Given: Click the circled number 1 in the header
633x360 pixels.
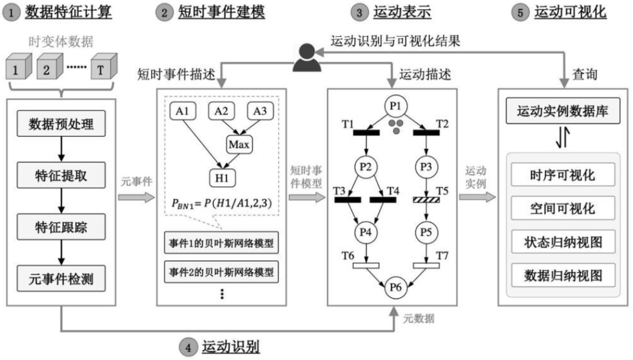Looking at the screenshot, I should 11,12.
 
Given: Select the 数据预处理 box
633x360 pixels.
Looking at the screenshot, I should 61,124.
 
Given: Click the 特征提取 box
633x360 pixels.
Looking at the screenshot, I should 61,176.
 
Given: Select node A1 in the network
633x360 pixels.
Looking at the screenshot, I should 184,111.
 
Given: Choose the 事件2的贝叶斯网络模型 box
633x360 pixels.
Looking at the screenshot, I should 221,272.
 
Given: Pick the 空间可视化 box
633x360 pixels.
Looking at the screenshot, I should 561,209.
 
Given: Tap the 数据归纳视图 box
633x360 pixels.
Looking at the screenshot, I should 561,275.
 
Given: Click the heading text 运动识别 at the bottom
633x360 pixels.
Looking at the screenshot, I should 231,347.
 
